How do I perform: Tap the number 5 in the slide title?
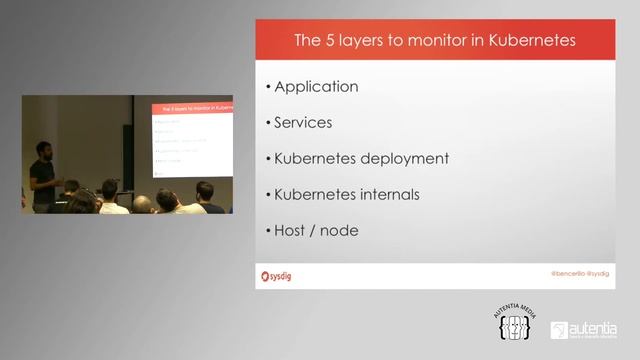(327, 42)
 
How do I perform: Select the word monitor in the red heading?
(440, 42)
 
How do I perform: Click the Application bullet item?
(316, 87)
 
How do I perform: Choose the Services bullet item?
(303, 123)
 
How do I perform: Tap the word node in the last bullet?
(339, 230)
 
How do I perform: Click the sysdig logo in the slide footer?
(276, 275)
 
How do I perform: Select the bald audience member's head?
(143, 203)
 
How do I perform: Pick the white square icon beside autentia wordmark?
(559, 330)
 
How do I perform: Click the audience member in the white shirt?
(111, 198)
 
